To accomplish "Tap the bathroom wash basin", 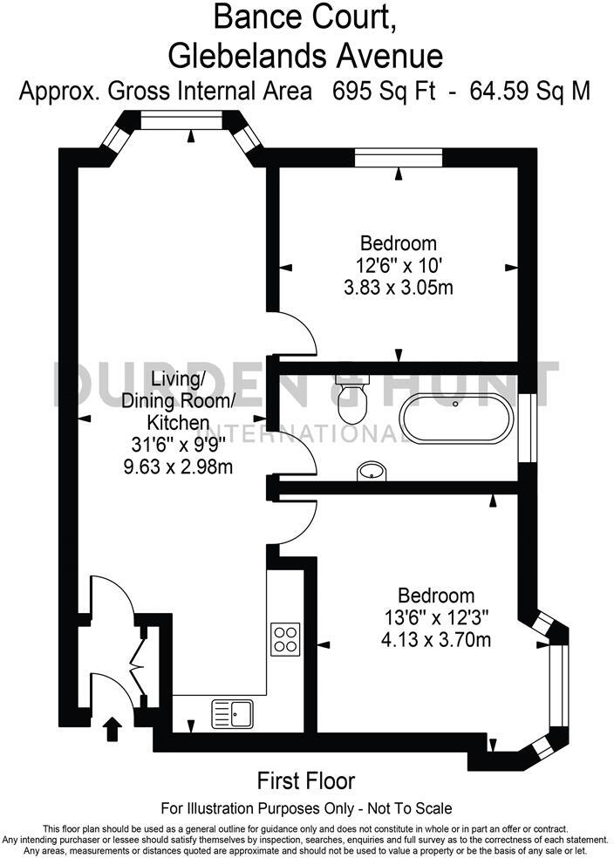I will pos(372,472).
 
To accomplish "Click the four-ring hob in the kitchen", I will pos(286,638).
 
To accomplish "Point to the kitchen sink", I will pos(231,713).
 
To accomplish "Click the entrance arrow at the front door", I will pos(112,726).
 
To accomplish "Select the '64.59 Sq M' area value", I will pos(529,90).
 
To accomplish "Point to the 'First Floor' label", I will pos(306,780).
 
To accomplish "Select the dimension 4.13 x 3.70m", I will pos(437,641).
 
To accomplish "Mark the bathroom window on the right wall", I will pos(526,428).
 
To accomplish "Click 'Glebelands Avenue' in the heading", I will pos(306,55).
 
